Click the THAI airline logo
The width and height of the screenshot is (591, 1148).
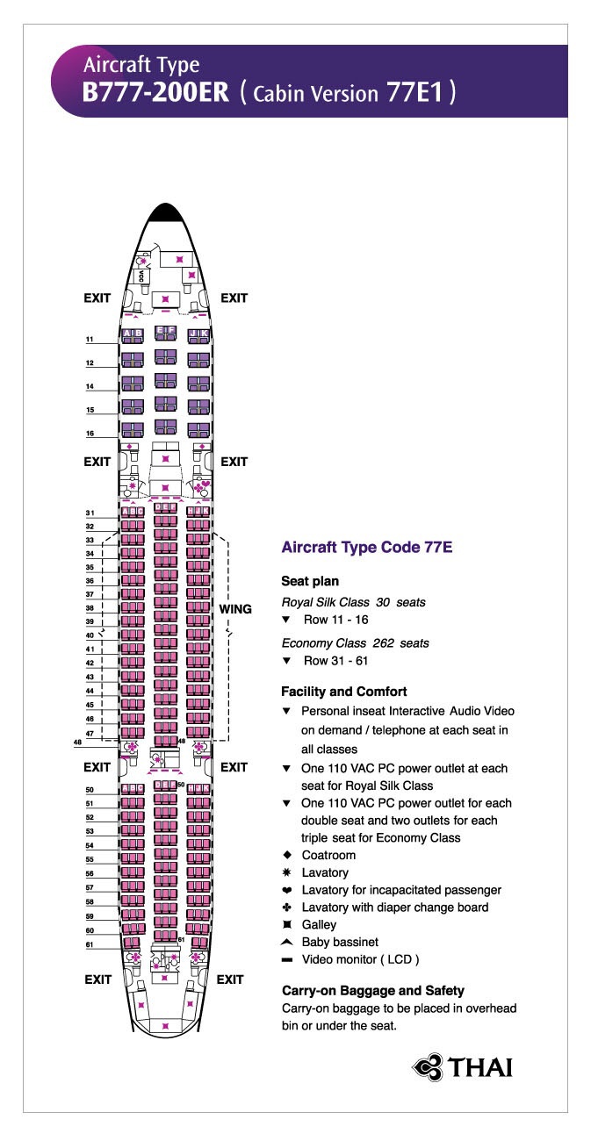coord(462,1066)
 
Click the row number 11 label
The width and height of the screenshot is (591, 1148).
coord(89,339)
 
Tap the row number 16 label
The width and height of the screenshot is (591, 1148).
coord(89,434)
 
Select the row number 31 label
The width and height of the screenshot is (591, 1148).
coord(89,513)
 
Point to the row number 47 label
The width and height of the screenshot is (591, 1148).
coord(89,732)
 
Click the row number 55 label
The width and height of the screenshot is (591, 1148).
coord(89,859)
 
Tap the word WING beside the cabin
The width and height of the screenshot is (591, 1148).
coord(235,609)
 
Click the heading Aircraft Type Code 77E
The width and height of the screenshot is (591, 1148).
coord(366,547)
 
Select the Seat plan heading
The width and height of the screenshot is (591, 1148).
coord(309,581)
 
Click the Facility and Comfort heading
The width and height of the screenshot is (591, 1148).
coord(343,692)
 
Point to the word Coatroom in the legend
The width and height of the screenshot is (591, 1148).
coord(328,855)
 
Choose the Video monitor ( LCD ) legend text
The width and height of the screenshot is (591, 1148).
coord(360,959)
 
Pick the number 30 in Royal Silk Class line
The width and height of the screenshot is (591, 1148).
coord(382,602)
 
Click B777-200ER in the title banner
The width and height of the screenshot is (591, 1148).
coord(155,94)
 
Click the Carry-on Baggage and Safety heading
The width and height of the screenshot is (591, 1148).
coord(372,990)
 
